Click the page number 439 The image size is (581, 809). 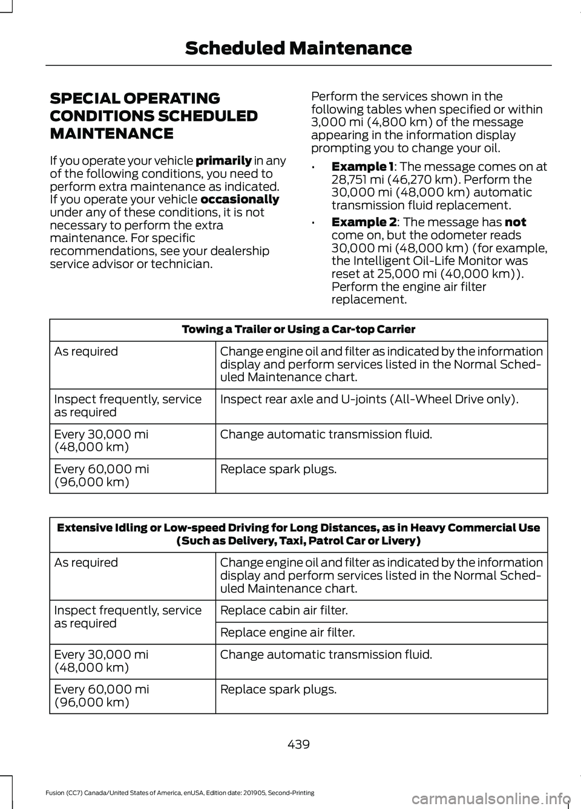click(x=299, y=744)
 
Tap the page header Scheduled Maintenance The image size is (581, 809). click(x=298, y=48)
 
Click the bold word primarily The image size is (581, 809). click(x=223, y=160)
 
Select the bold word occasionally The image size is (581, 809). click(x=240, y=199)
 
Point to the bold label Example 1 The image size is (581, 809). click(x=362, y=166)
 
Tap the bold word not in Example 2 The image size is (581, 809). click(x=515, y=222)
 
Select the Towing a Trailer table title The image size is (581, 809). click(x=298, y=329)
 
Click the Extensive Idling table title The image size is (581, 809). click(x=298, y=534)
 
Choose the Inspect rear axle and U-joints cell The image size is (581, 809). click(x=369, y=399)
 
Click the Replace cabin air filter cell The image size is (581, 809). click(x=284, y=611)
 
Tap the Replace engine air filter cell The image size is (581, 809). click(x=287, y=632)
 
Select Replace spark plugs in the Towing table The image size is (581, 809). click(x=278, y=469)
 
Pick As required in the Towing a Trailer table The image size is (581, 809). click(x=86, y=352)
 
